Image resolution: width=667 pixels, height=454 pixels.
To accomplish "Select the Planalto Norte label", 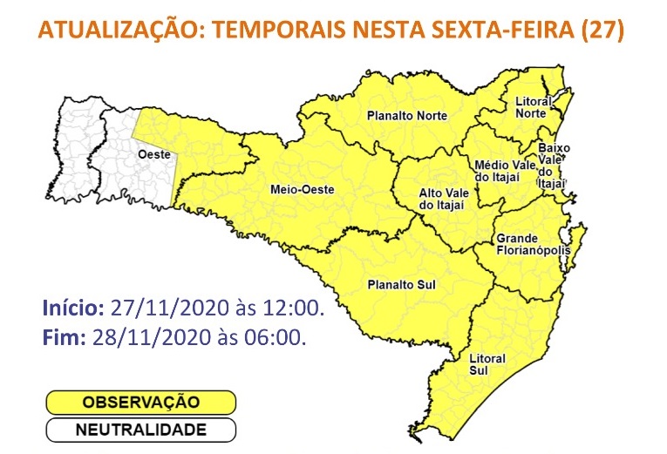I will click(407, 116).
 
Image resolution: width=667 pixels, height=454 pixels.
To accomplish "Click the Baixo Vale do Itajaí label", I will click(554, 166).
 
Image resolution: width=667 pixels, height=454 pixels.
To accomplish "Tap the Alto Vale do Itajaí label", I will click(442, 199).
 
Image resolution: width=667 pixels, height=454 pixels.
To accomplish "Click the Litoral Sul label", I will click(487, 364).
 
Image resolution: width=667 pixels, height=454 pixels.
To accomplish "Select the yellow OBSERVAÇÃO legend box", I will click(140, 403).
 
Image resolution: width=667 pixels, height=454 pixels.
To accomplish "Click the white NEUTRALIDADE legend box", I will click(140, 430).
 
